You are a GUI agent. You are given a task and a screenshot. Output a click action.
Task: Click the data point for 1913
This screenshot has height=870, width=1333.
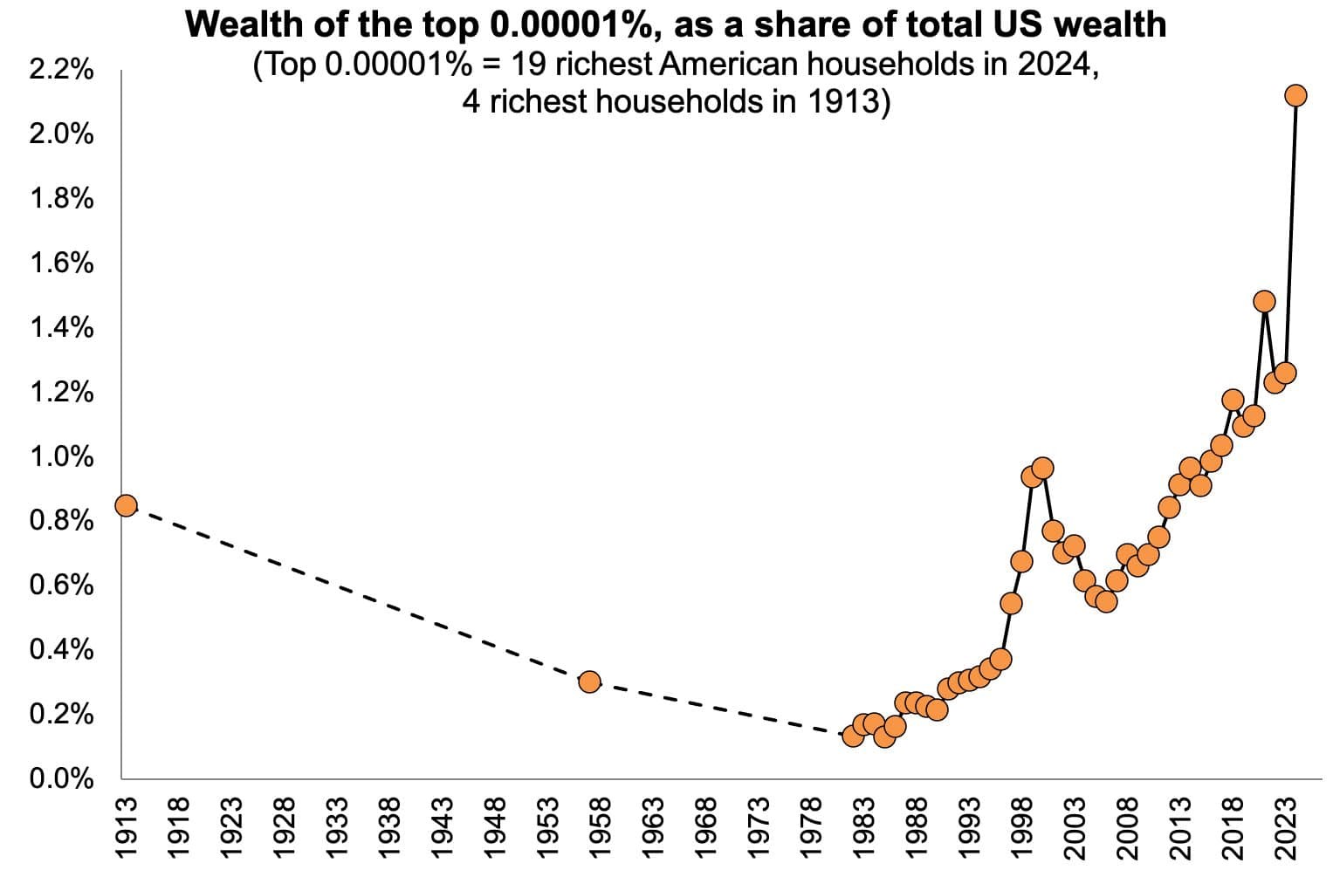(x=126, y=505)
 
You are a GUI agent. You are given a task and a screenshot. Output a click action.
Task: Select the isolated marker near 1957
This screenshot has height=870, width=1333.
(x=589, y=682)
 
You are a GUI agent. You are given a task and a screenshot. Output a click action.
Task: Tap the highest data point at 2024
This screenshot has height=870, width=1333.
(x=1295, y=95)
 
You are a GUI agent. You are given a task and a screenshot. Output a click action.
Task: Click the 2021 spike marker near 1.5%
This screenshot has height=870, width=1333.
(x=1264, y=301)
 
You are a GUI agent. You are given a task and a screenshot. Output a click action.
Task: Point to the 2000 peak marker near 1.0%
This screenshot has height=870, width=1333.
(x=1042, y=468)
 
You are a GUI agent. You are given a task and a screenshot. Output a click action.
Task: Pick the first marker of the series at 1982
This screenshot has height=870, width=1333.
(x=854, y=736)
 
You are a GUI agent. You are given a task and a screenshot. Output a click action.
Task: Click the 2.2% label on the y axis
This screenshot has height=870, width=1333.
(x=61, y=71)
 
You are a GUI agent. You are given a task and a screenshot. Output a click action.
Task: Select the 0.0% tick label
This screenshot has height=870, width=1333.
(x=61, y=778)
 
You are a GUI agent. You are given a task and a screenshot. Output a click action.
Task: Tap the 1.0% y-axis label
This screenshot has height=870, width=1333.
(x=61, y=456)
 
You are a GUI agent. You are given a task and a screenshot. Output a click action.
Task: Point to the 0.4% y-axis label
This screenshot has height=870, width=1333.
(x=61, y=650)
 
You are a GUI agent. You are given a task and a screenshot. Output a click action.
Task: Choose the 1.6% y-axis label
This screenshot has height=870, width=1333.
(x=61, y=264)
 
